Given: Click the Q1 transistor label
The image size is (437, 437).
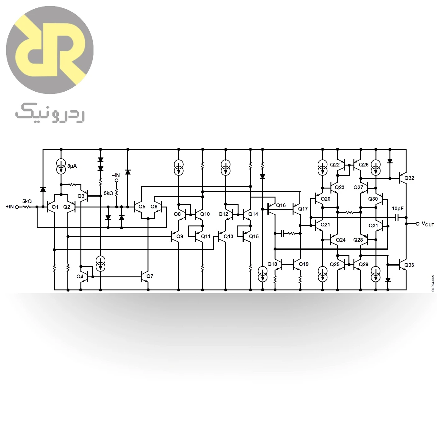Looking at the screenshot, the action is (x=55, y=207).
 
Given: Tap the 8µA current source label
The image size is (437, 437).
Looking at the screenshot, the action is (x=72, y=166).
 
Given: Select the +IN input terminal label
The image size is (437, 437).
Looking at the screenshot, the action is (x=10, y=207).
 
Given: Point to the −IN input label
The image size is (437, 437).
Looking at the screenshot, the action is (x=116, y=175).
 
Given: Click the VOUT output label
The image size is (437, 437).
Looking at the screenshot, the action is (x=428, y=224).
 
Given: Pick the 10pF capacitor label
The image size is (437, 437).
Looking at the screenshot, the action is (x=398, y=208).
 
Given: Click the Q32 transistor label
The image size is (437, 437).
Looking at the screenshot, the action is (x=409, y=178).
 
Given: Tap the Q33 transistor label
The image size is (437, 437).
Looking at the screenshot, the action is (x=409, y=265).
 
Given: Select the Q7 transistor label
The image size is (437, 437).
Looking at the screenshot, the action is (x=150, y=276).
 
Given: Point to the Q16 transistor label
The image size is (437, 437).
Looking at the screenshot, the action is (x=281, y=205).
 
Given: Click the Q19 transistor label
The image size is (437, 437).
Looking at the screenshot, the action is (x=304, y=264).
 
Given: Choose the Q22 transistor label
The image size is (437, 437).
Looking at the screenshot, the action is (x=335, y=165).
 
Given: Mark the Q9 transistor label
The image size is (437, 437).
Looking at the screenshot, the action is (x=180, y=236).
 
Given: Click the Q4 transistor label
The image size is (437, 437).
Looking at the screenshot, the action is (x=80, y=276).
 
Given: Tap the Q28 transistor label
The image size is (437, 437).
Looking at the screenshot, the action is (x=358, y=240).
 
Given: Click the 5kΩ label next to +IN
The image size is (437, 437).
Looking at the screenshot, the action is (x=27, y=201).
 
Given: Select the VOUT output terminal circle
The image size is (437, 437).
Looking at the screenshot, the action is (x=417, y=224).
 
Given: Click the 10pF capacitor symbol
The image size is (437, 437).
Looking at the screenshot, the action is (x=397, y=217).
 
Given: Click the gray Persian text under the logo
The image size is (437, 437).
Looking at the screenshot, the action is (x=50, y=113).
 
